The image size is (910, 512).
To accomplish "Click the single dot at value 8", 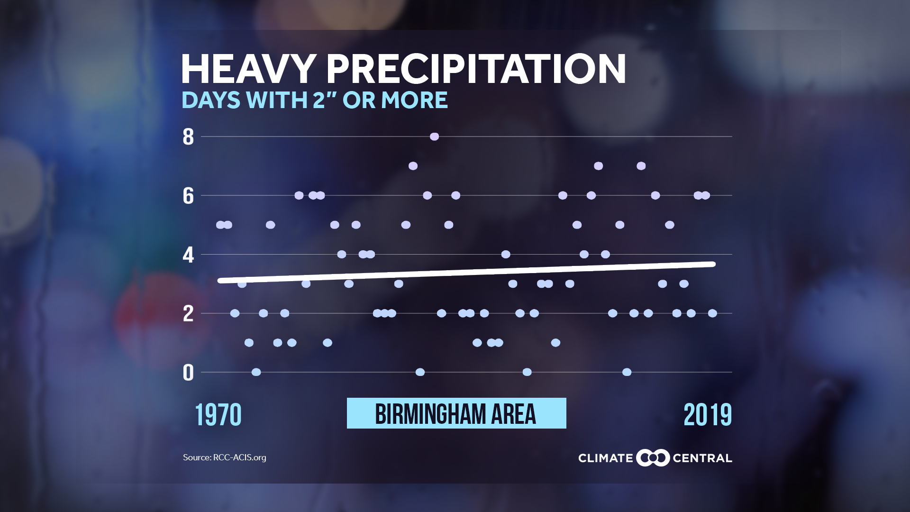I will (x=434, y=137).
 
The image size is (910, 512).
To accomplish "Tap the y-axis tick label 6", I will (x=188, y=196).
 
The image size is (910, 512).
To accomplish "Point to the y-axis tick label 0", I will (x=188, y=373).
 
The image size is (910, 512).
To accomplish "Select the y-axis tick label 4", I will (x=188, y=255).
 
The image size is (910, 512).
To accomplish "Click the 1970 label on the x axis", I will (x=218, y=415).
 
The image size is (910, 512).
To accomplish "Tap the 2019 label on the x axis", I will (x=707, y=415).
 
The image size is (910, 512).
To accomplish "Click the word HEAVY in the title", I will (x=248, y=69).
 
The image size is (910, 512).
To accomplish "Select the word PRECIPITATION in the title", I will (x=476, y=69).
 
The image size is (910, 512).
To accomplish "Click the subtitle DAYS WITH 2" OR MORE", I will (x=314, y=100).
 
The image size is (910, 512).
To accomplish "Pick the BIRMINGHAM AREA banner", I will (x=456, y=413).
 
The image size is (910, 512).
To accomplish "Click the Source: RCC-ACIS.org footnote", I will (x=225, y=457).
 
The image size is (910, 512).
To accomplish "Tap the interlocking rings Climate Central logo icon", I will (x=653, y=457).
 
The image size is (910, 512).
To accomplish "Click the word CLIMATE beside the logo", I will (x=605, y=458).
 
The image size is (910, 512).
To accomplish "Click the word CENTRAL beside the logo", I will (x=702, y=458).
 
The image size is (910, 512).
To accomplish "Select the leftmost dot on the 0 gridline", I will (x=256, y=372).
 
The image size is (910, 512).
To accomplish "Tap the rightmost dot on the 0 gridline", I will (x=627, y=372).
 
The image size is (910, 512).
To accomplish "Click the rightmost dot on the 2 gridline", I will (x=712, y=313).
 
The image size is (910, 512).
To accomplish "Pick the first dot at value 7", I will (x=413, y=166).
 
